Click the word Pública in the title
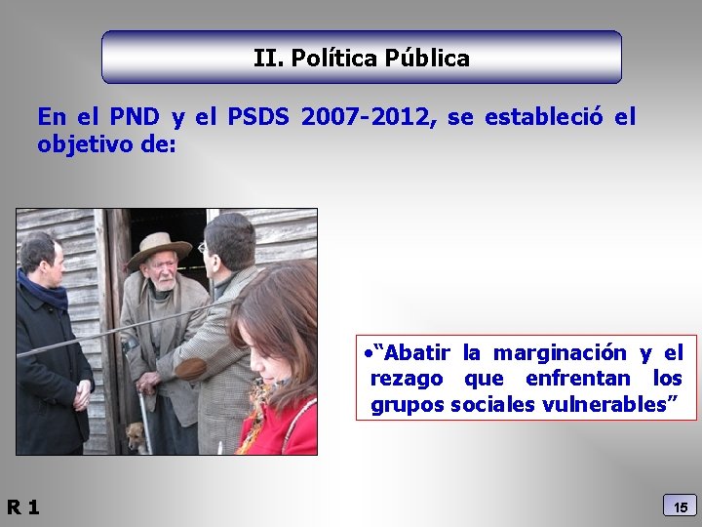[x=427, y=59]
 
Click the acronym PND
[x=132, y=118]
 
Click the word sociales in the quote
[x=490, y=404]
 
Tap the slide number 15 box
[x=681, y=507]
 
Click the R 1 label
[x=22, y=507]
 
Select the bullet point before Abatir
[x=361, y=352]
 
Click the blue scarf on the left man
[x=42, y=289]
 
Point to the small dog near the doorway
[x=136, y=436]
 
